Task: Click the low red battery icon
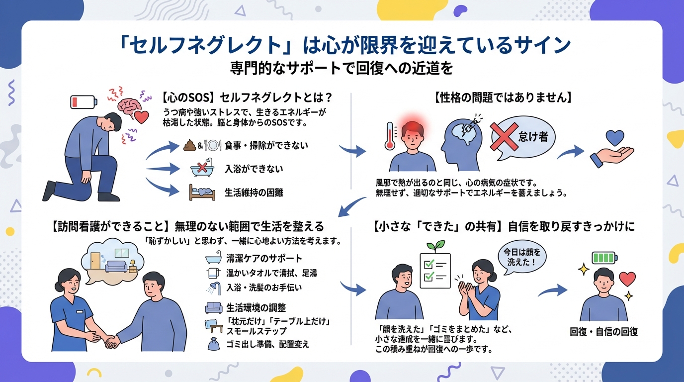[x=83, y=102]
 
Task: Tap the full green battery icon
[x=604, y=258]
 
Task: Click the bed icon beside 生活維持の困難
[x=202, y=192]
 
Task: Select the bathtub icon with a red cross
[x=202, y=169]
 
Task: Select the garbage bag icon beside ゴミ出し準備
[x=212, y=344]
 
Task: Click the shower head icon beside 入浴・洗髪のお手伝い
[x=212, y=287]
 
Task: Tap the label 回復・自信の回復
[x=603, y=332]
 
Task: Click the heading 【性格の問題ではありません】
[x=503, y=97]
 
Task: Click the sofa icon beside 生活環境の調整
[x=213, y=307]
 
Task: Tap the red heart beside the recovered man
[x=627, y=279]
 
